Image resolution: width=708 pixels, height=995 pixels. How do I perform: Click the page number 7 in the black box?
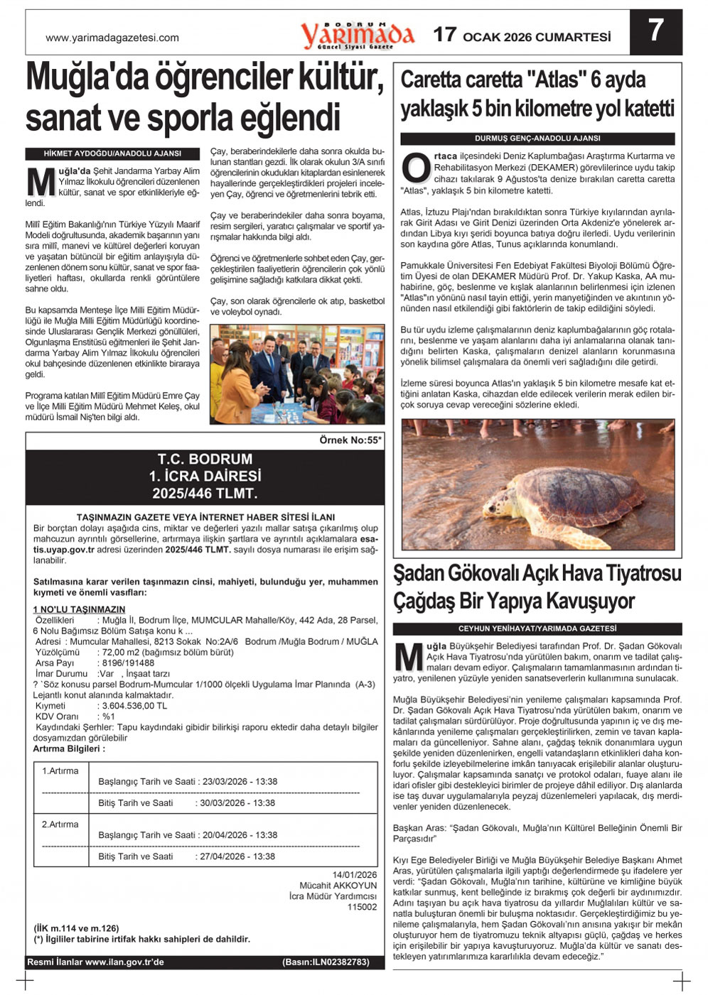655,31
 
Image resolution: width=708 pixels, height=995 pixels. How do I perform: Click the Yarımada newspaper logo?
357,35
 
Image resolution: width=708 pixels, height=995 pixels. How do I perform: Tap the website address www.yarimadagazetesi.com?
112,38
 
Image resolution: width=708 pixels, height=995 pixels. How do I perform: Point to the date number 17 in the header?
444,35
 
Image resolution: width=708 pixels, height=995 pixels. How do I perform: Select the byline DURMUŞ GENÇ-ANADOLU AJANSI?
537,138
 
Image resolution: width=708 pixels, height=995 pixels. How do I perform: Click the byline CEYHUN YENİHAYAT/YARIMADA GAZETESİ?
537,629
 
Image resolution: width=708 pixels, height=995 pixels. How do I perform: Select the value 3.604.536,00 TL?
134,706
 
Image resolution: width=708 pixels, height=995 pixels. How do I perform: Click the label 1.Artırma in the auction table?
60,771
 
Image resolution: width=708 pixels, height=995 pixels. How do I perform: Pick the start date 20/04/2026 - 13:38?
240,835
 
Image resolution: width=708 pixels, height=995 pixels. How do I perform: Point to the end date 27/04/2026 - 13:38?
235,857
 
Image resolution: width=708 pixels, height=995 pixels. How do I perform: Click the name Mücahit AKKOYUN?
338,886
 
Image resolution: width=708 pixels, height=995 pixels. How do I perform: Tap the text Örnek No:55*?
350,440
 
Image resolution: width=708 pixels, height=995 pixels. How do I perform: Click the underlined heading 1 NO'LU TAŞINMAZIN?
79,609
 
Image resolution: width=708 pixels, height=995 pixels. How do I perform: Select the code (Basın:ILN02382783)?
326,962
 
